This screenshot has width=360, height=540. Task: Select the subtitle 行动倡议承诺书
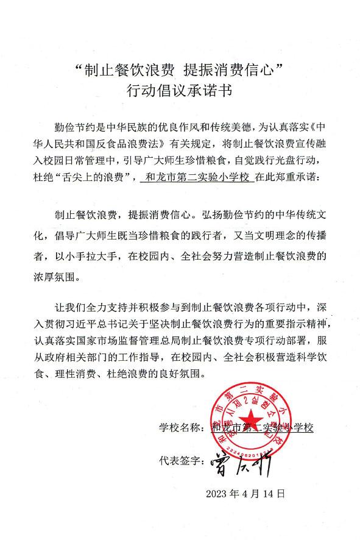(180, 92)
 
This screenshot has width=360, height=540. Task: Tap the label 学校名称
(180, 427)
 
